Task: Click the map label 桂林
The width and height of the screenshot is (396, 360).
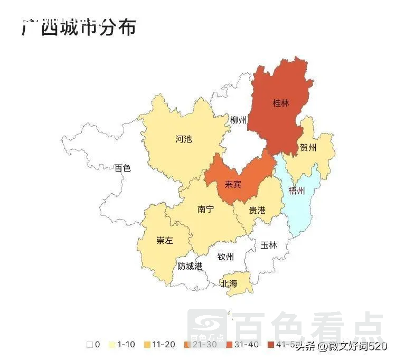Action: point(281,103)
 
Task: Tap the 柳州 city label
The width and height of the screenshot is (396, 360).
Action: point(238,120)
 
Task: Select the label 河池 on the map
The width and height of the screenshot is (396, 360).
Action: point(183,139)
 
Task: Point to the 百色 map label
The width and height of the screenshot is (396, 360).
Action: point(122,168)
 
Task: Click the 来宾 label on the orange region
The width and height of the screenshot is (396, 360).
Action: point(233,185)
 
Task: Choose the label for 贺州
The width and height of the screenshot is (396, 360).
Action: point(308,147)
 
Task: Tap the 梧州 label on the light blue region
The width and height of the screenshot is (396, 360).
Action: point(297,190)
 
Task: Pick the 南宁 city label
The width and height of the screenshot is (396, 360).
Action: point(205,210)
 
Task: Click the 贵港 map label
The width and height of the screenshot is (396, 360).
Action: point(257,210)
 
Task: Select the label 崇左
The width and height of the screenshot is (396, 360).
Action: point(164,241)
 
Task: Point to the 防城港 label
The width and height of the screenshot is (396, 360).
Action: point(190,266)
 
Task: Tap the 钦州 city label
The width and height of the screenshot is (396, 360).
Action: point(225,257)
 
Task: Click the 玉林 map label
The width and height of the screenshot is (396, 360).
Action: point(268,245)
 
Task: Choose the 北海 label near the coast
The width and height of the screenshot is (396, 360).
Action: point(229,283)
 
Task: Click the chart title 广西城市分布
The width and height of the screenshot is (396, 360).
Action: point(79,27)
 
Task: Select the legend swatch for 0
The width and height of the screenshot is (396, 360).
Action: point(90,345)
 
